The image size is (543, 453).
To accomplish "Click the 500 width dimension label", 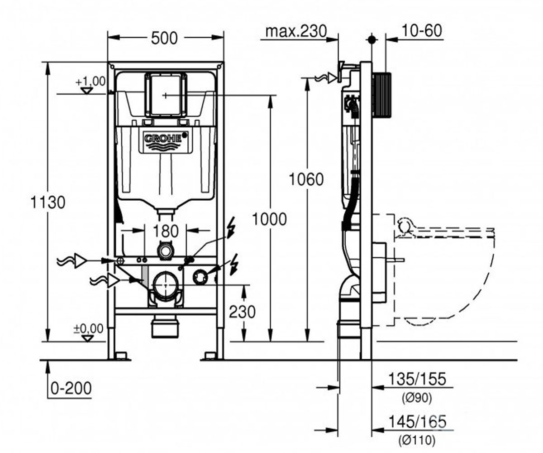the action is [164, 38].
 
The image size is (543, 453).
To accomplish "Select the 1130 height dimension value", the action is [48, 202].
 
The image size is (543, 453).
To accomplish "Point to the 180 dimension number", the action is [166, 231].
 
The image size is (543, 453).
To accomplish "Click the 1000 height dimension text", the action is [269, 219].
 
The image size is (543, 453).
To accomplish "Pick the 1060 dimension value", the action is [306, 179].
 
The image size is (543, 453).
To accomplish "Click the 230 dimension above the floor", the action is [242, 312].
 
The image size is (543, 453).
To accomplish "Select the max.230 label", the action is [296, 31].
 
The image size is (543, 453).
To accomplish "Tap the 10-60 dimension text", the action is [422, 30].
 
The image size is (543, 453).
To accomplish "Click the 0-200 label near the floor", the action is [71, 388].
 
